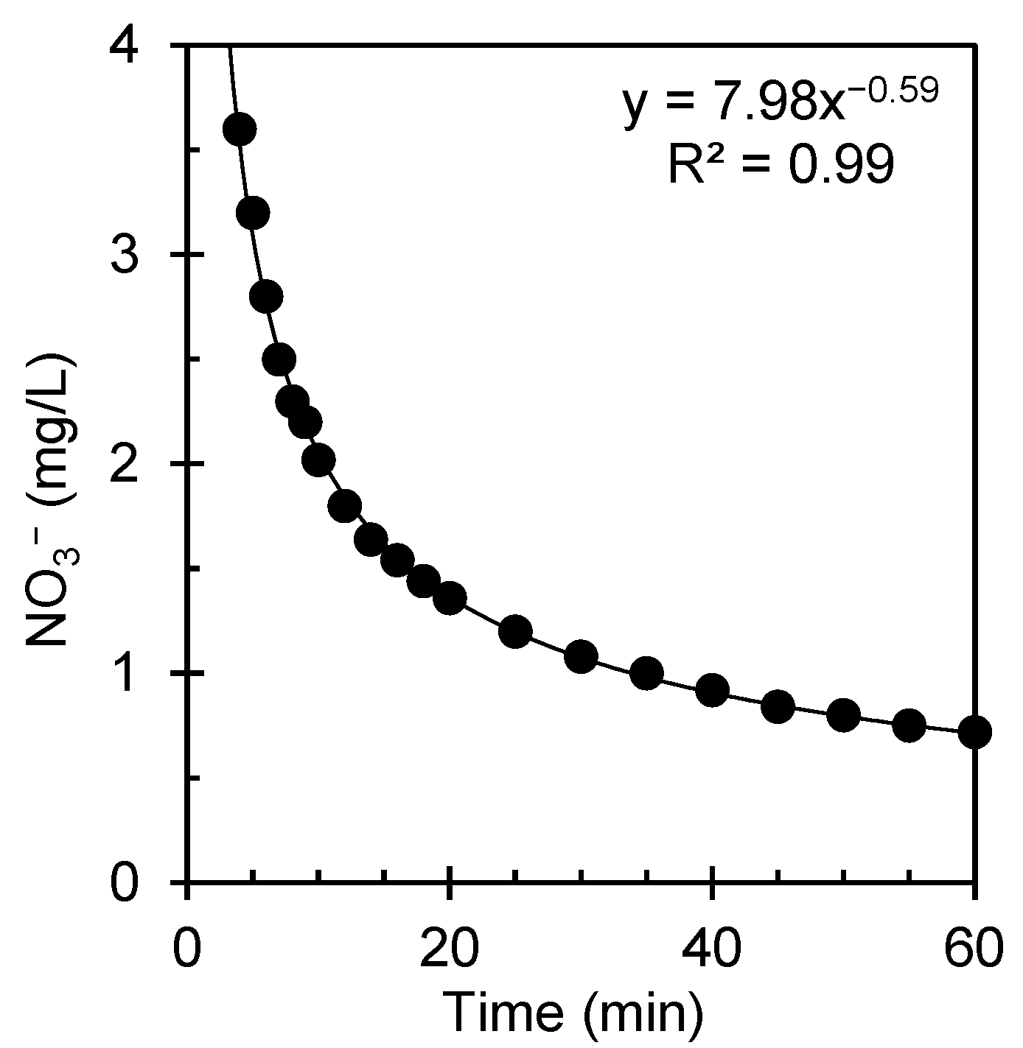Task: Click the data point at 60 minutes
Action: click(x=974, y=731)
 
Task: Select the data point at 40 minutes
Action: click(x=712, y=690)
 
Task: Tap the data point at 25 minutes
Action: click(x=515, y=631)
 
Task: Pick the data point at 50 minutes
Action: click(x=843, y=714)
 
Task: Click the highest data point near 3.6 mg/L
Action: click(x=240, y=130)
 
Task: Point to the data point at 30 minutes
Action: click(x=581, y=655)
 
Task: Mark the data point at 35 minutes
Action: click(x=646, y=673)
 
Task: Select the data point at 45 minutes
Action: click(x=778, y=706)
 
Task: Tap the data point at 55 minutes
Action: click(x=909, y=725)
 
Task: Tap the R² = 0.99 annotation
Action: click(x=781, y=163)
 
